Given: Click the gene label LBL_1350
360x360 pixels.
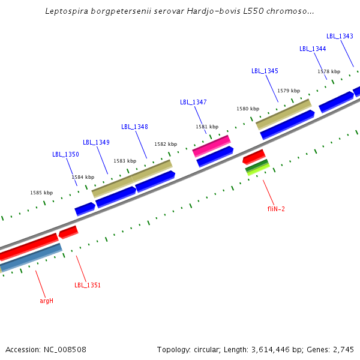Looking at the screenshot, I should click(65, 154).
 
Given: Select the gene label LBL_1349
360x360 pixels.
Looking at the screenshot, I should click(96, 142).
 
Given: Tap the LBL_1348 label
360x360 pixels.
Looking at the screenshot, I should click(134, 127).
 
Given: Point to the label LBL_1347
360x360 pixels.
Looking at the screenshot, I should click(193, 102).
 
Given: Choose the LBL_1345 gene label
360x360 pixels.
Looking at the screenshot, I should click(265, 71).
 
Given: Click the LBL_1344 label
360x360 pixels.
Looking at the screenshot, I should click(313, 49).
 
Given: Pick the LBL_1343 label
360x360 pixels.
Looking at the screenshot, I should click(340, 36).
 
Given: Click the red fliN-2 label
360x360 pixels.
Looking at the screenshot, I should click(276, 209).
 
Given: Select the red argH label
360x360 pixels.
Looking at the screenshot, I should click(47, 300).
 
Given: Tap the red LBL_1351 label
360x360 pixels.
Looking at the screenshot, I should click(88, 285).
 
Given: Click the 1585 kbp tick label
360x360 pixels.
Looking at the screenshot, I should click(41, 193).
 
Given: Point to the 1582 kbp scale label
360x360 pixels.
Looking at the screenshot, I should click(166, 144).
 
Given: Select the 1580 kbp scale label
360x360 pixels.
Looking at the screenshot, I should click(248, 109).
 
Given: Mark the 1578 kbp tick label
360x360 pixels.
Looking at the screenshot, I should click(329, 71).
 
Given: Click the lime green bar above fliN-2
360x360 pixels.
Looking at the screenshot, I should click(258, 170).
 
